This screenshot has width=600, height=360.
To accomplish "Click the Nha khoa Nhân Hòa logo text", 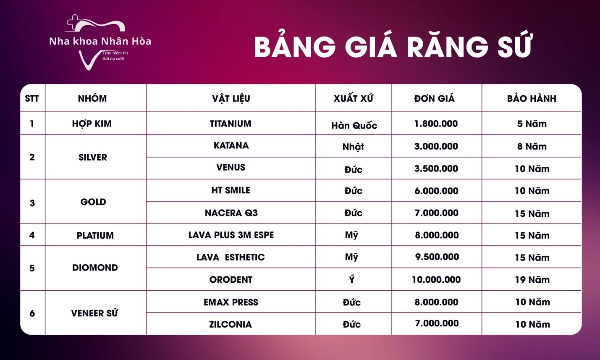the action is [100, 41].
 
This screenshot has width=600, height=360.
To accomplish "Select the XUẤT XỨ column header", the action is [353, 98].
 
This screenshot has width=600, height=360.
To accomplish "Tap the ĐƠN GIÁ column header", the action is [434, 98].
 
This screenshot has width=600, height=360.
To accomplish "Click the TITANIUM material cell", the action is [231, 124].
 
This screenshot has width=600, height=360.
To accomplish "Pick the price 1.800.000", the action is [436, 124].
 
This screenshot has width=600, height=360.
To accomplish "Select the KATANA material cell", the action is [231, 145].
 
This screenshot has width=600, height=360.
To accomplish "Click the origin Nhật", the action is [353, 147].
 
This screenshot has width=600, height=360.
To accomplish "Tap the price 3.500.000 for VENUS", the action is [436, 168].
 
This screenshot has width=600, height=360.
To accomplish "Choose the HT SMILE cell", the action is [231, 190].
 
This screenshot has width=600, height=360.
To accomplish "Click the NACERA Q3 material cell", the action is [231, 213].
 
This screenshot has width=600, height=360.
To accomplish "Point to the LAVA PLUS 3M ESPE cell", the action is [231, 235].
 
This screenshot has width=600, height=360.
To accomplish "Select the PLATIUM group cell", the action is [95, 235].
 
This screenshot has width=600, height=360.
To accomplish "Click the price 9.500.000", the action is [437, 257].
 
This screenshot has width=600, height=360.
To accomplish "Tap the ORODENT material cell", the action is [231, 280].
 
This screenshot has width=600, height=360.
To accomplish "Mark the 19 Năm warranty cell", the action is [532, 280].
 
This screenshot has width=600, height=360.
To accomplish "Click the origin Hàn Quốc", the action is [354, 126].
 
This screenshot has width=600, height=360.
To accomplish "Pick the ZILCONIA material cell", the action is [231, 324].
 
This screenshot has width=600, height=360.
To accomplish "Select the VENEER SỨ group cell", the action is [94, 313].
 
